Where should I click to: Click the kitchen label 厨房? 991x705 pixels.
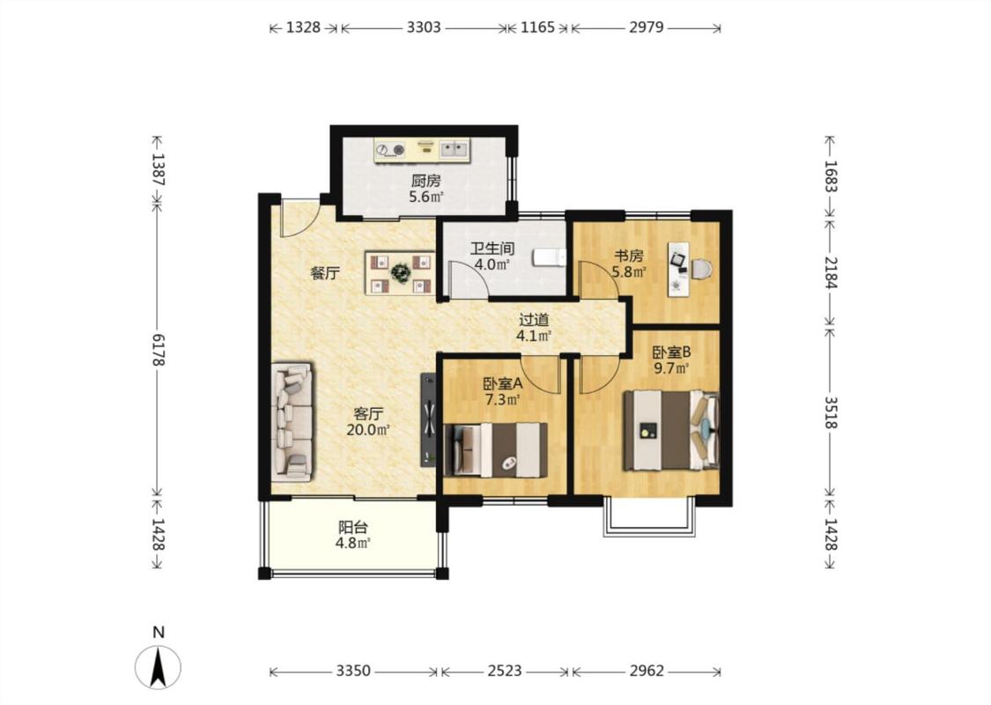pyautogui.click(x=425, y=182)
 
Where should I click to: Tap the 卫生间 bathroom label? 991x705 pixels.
pyautogui.click(x=492, y=249)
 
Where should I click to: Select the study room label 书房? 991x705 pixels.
pyautogui.click(x=629, y=256)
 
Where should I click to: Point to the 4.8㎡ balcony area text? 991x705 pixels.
pyautogui.click(x=352, y=543)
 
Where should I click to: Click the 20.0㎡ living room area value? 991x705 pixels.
pyautogui.click(x=367, y=430)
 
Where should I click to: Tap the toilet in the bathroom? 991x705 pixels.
pyautogui.click(x=549, y=258)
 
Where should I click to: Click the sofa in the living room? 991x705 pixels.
pyautogui.click(x=292, y=422)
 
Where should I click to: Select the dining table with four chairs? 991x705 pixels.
pyautogui.click(x=400, y=273)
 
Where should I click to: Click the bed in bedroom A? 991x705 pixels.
pyautogui.click(x=496, y=449)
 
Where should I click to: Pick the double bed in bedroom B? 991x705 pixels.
pyautogui.click(x=671, y=430)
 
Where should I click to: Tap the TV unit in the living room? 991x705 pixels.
pyautogui.click(x=428, y=419)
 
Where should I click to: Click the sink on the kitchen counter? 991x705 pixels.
pyautogui.click(x=455, y=149)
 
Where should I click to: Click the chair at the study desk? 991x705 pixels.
pyautogui.click(x=701, y=270)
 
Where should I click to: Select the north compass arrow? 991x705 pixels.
pyautogui.click(x=158, y=666)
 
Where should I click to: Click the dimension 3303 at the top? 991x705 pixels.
pyautogui.click(x=424, y=27)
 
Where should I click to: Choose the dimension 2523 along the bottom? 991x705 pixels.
pyautogui.click(x=505, y=671)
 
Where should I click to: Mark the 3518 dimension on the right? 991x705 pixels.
pyautogui.click(x=831, y=413)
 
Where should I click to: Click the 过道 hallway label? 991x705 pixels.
pyautogui.click(x=534, y=320)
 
